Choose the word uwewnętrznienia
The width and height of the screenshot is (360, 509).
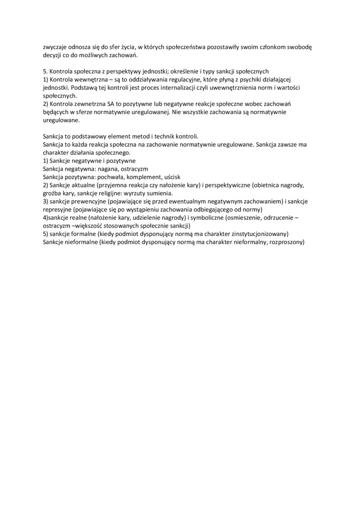(238, 88)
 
